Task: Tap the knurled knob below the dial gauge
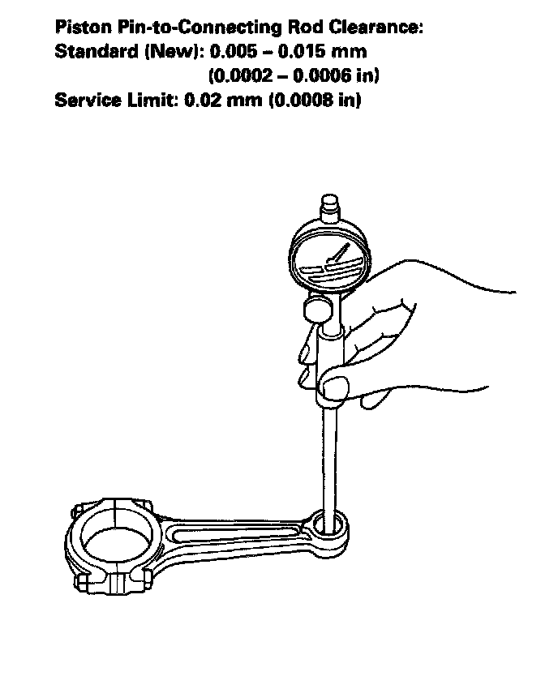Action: (317, 308)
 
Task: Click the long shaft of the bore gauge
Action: (331, 454)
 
